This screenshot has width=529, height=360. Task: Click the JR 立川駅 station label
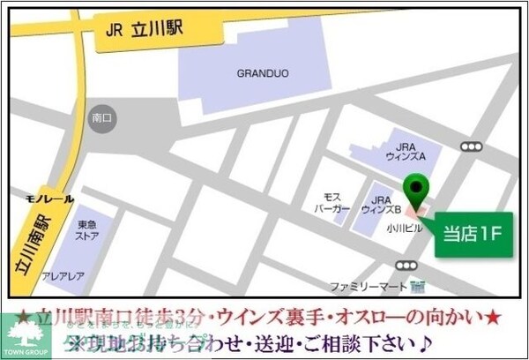(x=144, y=27)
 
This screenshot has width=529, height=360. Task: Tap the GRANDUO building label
(x=257, y=74)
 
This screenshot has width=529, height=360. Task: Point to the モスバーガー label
(x=332, y=204)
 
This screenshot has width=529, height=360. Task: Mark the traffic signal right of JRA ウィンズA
(x=473, y=146)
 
